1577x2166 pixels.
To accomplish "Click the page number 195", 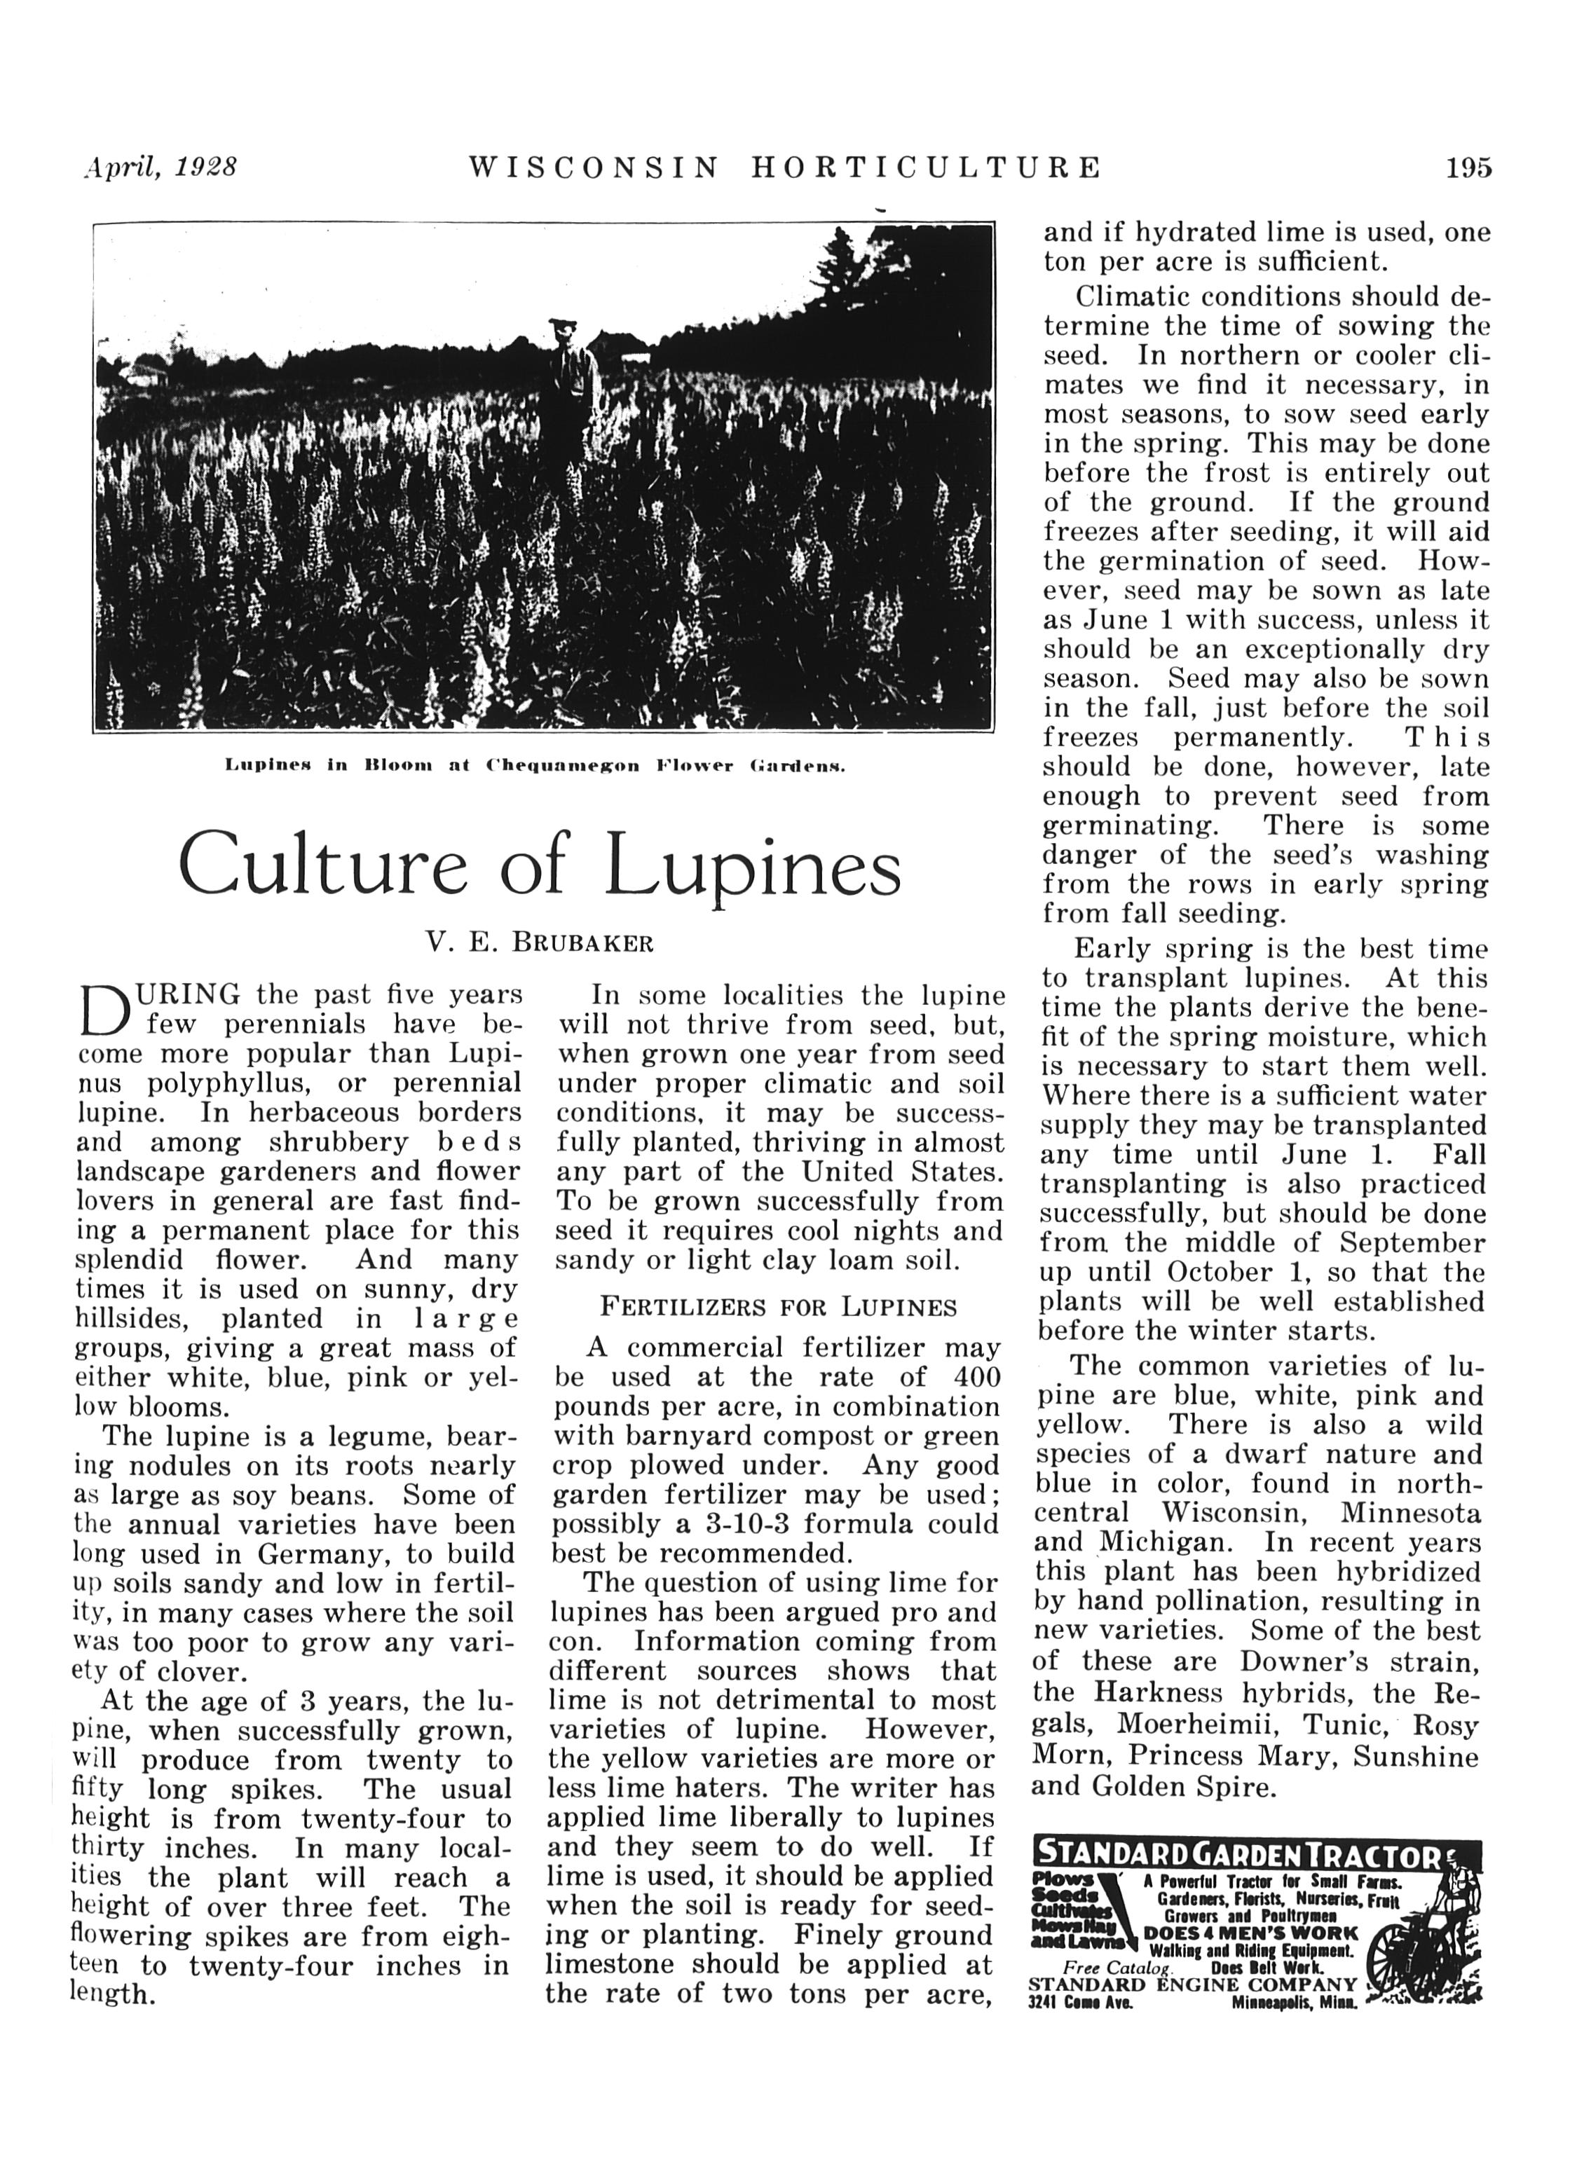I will (1468, 168).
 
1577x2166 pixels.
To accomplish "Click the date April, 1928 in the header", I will (160, 167).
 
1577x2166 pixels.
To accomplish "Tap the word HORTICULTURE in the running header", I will (926, 168).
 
